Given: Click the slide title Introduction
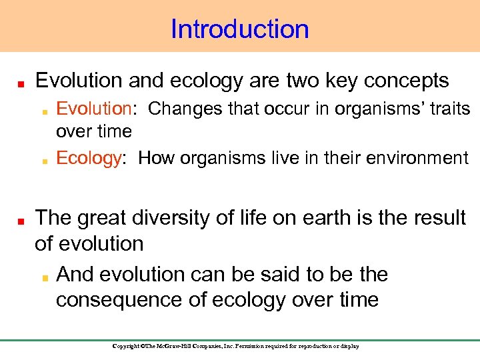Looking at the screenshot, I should point(240,29).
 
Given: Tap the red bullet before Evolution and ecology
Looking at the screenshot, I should point(21,83).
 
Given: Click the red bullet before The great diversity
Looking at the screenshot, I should point(21,220).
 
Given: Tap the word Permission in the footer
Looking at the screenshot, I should point(256,346).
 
